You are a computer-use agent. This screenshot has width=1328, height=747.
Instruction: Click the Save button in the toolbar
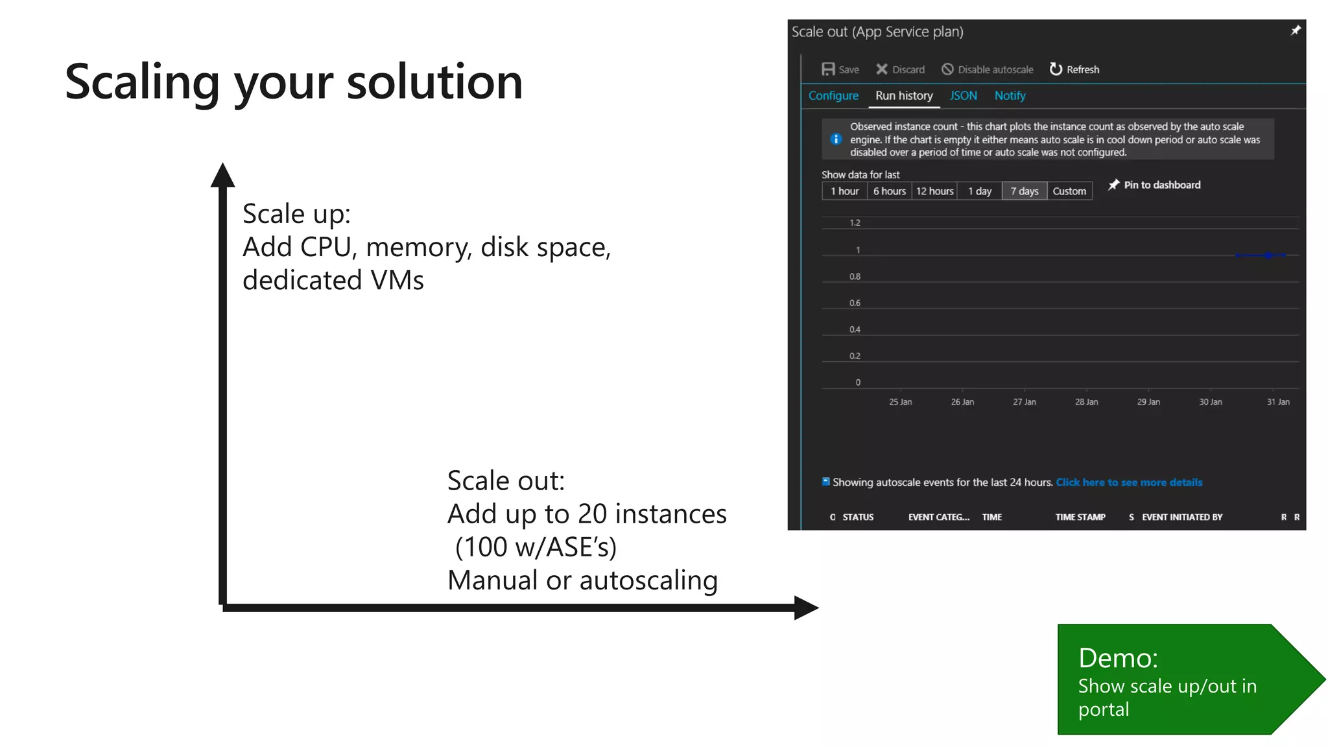[x=840, y=69]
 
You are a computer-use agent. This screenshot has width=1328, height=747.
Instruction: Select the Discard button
[x=900, y=69]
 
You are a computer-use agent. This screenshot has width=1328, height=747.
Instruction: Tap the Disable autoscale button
[x=988, y=69]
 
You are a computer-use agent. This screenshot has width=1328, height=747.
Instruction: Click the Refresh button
[x=1074, y=69]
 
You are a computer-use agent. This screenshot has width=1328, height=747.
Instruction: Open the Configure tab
[x=833, y=96]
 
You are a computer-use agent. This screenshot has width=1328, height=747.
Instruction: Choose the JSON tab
[x=963, y=96]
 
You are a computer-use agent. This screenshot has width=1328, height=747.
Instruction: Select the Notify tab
[x=1010, y=96]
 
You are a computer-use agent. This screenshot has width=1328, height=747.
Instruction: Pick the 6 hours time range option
[x=889, y=191]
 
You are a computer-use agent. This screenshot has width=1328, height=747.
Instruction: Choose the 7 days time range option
[x=1024, y=191]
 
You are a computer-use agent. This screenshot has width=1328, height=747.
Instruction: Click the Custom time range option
[x=1069, y=191]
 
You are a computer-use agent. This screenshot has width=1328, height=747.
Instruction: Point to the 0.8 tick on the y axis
[x=855, y=277]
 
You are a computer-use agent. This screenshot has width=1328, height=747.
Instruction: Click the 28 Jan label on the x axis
[x=1086, y=402]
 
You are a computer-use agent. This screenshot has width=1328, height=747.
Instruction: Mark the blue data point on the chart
[x=1268, y=255]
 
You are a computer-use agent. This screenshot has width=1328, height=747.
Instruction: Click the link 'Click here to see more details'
[x=1129, y=482]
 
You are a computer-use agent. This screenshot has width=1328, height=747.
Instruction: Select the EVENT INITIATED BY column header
[x=1181, y=517]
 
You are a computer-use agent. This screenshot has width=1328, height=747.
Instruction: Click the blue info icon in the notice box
[x=836, y=139]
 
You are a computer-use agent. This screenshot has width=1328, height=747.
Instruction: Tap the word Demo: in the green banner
[x=1118, y=658]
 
